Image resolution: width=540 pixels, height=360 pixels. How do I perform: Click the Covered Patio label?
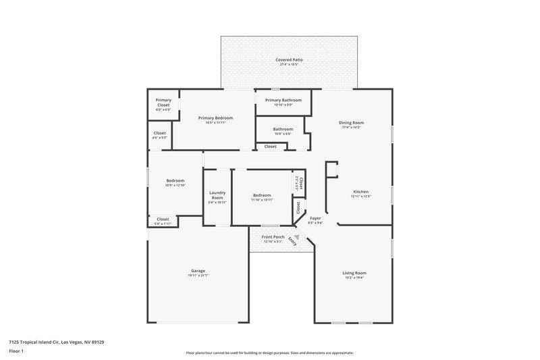[x=289, y=60]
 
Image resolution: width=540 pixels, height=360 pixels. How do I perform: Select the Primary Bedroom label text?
[x=215, y=118]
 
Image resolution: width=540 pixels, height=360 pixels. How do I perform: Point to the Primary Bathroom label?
[x=283, y=100]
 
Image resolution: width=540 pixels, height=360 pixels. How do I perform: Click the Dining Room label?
[x=351, y=122]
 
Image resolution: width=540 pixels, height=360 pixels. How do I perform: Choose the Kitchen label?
[x=361, y=192]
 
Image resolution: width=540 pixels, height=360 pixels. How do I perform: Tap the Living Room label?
[x=355, y=272]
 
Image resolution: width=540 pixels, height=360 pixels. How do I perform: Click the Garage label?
[x=198, y=270]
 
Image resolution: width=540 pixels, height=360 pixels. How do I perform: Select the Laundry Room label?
[x=217, y=195]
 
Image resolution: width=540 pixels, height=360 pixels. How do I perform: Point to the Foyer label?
[x=315, y=217]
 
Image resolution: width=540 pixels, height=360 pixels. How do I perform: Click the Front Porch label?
[x=273, y=236]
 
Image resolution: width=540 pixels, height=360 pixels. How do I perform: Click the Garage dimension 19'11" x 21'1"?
[x=198, y=276]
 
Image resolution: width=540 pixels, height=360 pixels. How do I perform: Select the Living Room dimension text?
[x=355, y=277]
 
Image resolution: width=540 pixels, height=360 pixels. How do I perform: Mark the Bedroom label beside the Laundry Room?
[x=261, y=195]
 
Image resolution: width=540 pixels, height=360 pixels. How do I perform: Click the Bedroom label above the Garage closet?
[x=175, y=180]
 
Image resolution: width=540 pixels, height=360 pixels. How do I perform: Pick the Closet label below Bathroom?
[x=270, y=146]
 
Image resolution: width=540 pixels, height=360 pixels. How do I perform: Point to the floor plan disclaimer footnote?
[x=270, y=353]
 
